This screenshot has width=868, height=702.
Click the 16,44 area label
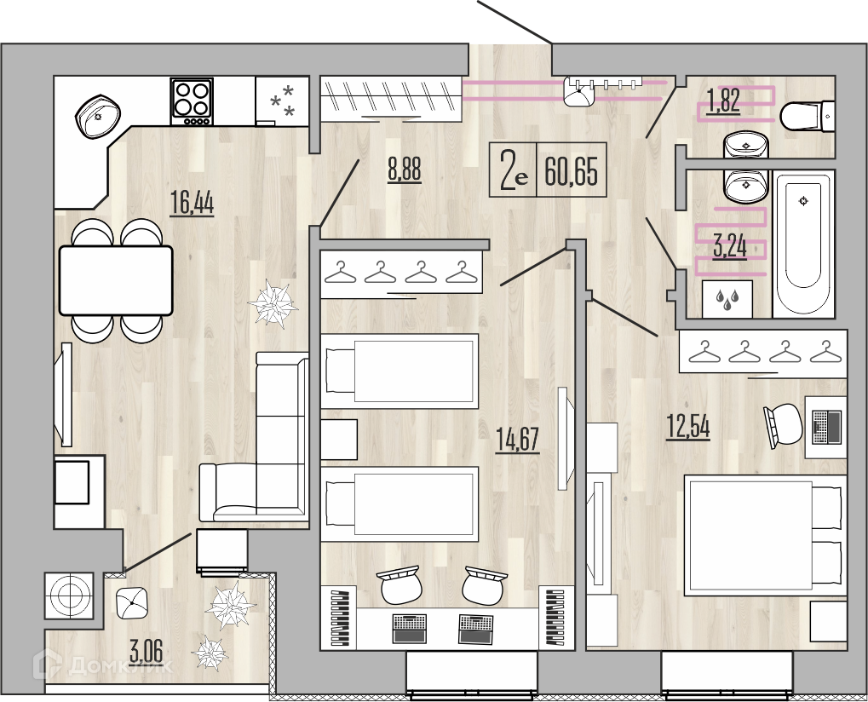[193, 203]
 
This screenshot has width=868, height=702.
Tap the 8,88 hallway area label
[404, 170]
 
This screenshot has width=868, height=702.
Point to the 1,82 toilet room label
[723, 101]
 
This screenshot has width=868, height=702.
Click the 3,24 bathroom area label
[730, 246]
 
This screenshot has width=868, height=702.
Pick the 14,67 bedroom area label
[518, 440]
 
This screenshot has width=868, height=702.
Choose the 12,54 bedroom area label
[688, 427]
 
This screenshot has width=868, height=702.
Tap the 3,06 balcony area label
[147, 651]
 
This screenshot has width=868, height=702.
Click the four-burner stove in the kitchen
[192, 101]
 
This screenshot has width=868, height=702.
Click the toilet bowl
[807, 116]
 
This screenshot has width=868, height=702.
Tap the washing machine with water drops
[727, 299]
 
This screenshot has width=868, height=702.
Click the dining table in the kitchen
[116, 280]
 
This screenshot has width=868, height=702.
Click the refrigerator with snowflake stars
[282, 101]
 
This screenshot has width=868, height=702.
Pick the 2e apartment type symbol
[514, 170]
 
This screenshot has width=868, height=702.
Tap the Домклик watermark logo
[103, 665]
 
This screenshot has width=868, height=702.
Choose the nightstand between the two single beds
[339, 439]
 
